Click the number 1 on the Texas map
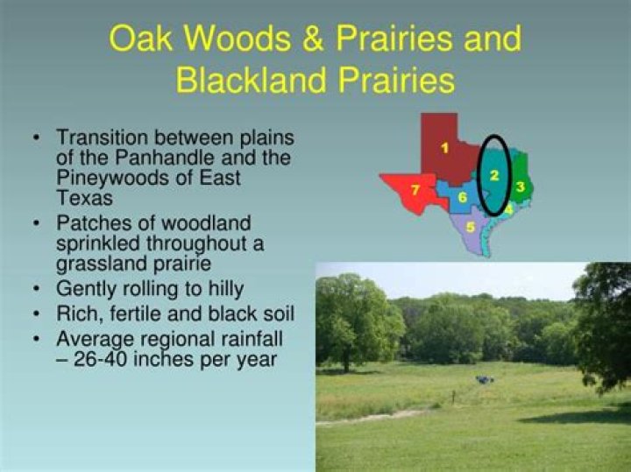tap(444, 148)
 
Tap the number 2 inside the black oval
tap(494, 175)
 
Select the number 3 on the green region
tap(521, 187)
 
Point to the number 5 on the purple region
tap(470, 228)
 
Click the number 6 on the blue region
tap(463, 197)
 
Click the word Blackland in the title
tap(251, 80)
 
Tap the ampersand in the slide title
tap(313, 39)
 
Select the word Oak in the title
tap(141, 39)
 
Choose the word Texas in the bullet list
tap(84, 197)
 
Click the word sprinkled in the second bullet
tap(98, 244)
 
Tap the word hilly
tap(226, 289)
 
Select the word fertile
tap(135, 313)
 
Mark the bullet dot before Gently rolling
tap(37, 289)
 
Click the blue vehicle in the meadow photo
tap(485, 379)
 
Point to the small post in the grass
tap(454, 397)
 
